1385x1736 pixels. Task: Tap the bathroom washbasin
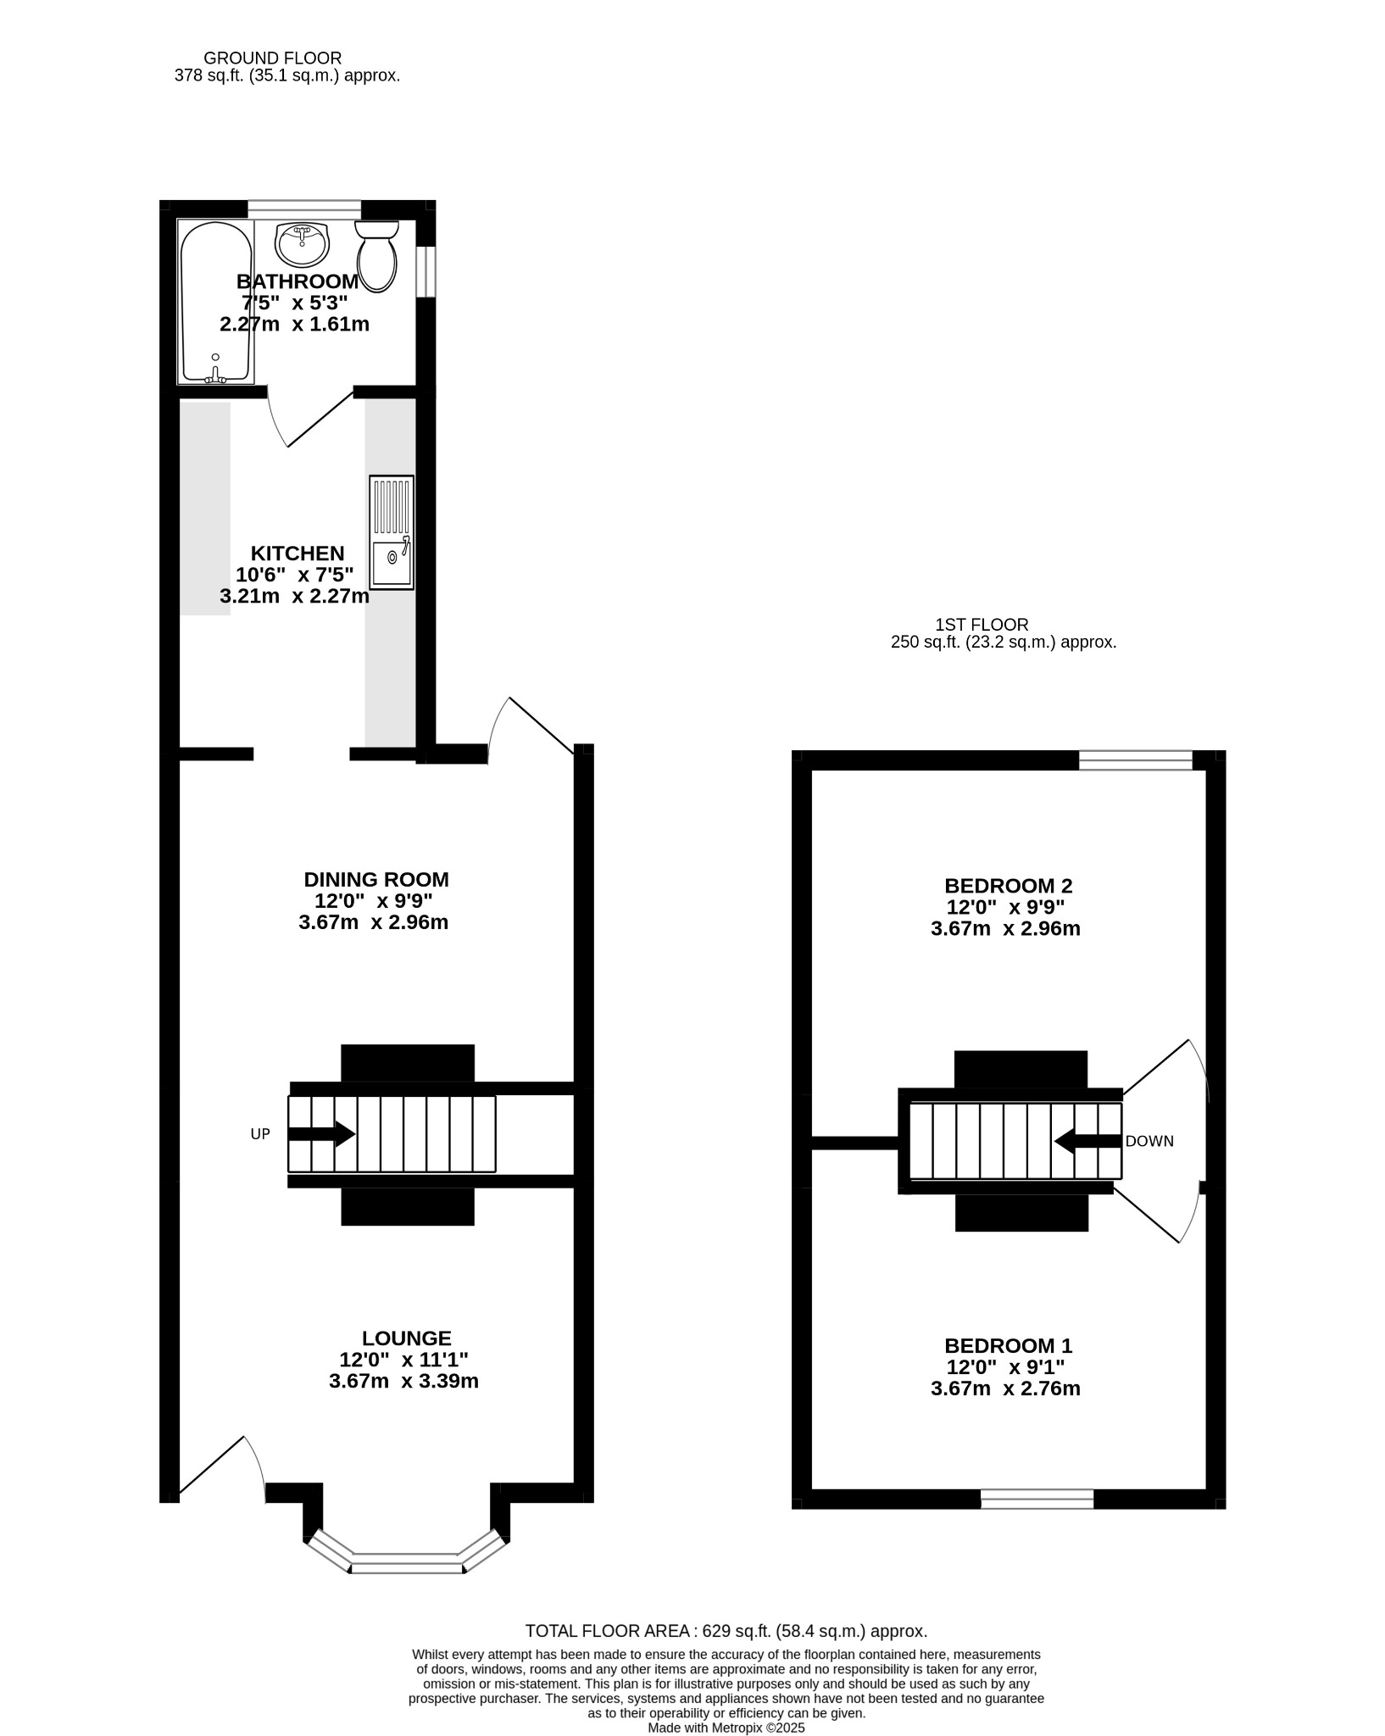pyautogui.click(x=301, y=244)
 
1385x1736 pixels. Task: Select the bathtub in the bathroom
pyautogui.click(x=215, y=302)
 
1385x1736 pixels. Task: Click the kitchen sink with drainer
pyautogui.click(x=392, y=532)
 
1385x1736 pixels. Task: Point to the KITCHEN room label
pyautogui.click(x=298, y=554)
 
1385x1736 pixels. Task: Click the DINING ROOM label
pyautogui.click(x=376, y=879)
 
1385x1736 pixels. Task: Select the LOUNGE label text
pyautogui.click(x=407, y=1338)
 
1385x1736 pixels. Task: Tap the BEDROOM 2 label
pyautogui.click(x=1009, y=886)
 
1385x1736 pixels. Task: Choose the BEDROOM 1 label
pyautogui.click(x=1009, y=1345)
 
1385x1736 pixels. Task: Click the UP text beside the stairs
pyautogui.click(x=260, y=1134)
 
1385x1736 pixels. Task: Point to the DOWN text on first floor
pyautogui.click(x=1149, y=1141)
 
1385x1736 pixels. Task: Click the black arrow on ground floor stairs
pyautogui.click(x=321, y=1134)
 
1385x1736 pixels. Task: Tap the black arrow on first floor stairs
pyautogui.click(x=1088, y=1141)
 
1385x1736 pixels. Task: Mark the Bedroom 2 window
pyautogui.click(x=1136, y=760)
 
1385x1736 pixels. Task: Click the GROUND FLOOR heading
pyautogui.click(x=273, y=58)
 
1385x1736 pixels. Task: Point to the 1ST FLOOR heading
pyautogui.click(x=982, y=625)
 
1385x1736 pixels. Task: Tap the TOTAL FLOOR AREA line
pyautogui.click(x=726, y=1631)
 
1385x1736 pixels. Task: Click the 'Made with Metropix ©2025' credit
pyautogui.click(x=726, y=1728)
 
